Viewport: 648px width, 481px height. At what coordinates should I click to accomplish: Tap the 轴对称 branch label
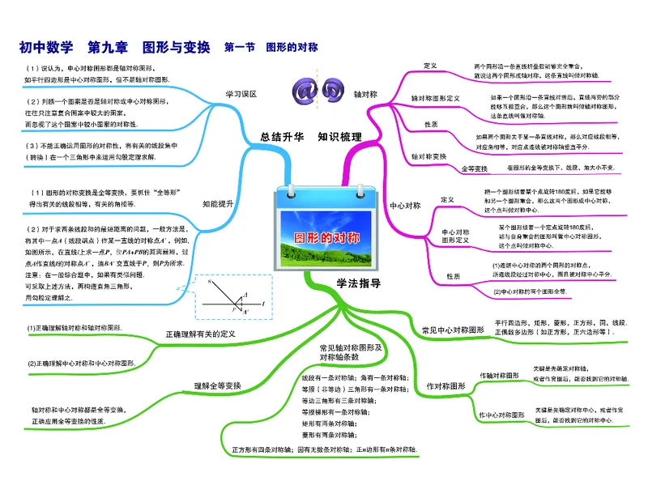[x=366, y=94]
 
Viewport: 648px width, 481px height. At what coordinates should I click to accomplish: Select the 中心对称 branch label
[x=405, y=206]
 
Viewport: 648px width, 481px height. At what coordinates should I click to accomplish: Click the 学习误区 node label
[x=241, y=94]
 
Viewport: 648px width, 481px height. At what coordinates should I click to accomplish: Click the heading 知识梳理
[x=339, y=137]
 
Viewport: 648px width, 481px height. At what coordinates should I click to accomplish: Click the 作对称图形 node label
[x=446, y=386]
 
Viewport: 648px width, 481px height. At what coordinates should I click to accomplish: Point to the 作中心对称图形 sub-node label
[x=502, y=415]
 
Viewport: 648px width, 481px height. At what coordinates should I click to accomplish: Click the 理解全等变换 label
[x=217, y=385]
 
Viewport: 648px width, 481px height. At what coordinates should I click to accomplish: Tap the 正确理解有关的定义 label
[x=200, y=334]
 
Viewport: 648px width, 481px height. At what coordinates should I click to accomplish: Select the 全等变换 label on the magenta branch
[x=474, y=168]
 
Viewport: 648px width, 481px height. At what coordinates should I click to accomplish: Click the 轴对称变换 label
[x=429, y=155]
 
